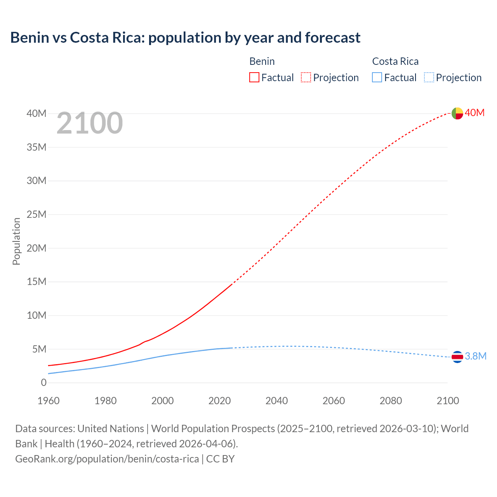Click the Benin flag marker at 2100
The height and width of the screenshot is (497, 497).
coord(457,113)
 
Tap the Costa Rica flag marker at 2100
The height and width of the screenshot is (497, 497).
coord(457,356)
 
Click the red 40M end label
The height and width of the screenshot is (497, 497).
coord(475,113)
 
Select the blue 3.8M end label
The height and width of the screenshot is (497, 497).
coord(476,356)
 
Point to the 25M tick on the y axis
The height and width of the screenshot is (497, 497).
coord(36,214)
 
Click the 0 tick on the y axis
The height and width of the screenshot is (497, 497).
coord(43,382)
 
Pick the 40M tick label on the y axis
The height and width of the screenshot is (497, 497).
coord(36,113)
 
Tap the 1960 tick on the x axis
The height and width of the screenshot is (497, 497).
coord(49,401)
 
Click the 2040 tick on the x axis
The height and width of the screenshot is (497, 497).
coord(276,401)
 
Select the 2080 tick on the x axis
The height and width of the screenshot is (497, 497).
coord(391,401)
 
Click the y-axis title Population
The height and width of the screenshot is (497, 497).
coord(16,241)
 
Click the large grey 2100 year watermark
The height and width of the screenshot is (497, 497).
coord(90,123)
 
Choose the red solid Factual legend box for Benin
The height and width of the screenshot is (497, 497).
coord(254,78)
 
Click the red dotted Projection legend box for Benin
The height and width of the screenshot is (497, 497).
coord(306,78)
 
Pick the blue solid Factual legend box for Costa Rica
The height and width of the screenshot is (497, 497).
coord(377,78)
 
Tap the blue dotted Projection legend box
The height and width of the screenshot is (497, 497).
coord(429,78)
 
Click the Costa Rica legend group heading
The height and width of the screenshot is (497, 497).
coord(395,61)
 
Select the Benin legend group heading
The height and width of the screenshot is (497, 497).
coord(262,61)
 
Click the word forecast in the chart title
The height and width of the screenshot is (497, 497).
coord(333,38)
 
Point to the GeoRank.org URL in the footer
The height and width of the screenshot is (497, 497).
coord(107,459)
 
